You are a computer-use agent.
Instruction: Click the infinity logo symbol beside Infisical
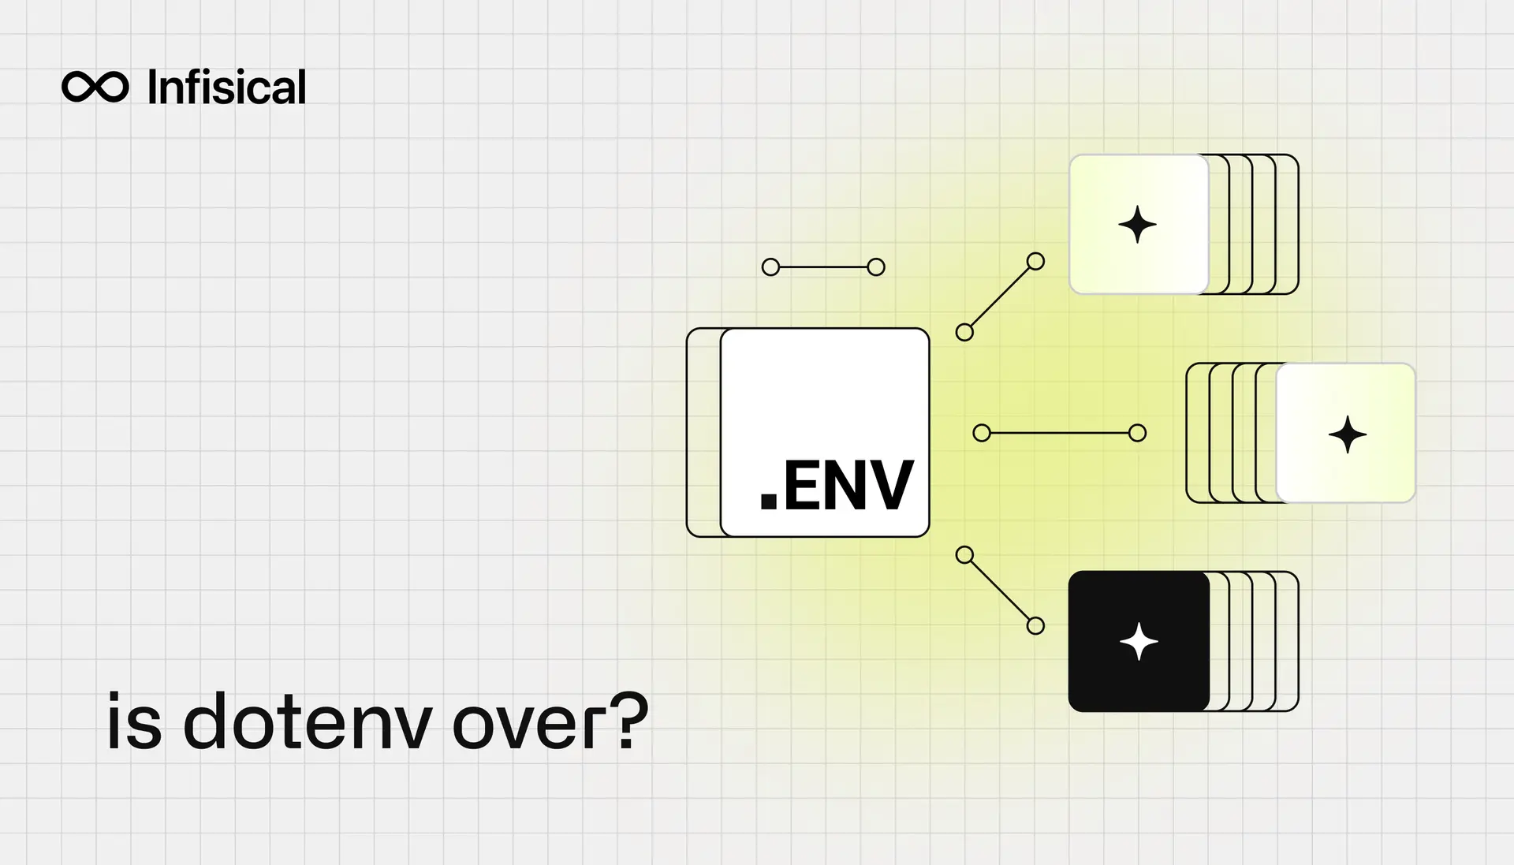[x=95, y=87]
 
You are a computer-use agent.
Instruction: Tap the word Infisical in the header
[x=226, y=87]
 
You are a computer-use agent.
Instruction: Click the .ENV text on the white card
[x=836, y=487]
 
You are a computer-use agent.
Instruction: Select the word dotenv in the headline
[x=308, y=721]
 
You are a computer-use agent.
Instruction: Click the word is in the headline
[x=134, y=721]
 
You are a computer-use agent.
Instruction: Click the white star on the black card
[x=1139, y=641]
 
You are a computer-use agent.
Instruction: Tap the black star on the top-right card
[x=1137, y=225]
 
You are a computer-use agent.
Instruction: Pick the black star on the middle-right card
[x=1347, y=434]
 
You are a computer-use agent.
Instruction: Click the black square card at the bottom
[x=1139, y=641]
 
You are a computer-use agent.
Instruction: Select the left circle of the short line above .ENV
[x=770, y=267]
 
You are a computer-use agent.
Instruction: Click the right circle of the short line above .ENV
[x=876, y=267]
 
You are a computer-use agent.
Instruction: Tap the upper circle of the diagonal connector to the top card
[x=1035, y=262]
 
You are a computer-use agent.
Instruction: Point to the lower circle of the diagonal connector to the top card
[x=964, y=333]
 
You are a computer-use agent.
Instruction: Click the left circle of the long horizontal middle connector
[x=982, y=433]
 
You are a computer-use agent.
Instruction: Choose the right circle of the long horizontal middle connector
[x=1137, y=433]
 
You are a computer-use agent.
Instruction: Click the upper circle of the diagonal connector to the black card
[x=964, y=555]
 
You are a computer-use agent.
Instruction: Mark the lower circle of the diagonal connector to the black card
[x=1035, y=626]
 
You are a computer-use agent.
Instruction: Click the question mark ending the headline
[x=630, y=721]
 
